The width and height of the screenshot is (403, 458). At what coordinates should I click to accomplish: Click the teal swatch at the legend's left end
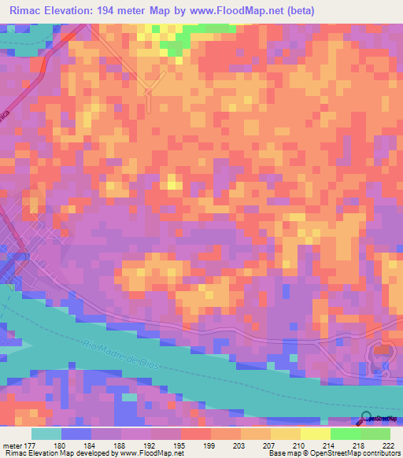click(x=46, y=434)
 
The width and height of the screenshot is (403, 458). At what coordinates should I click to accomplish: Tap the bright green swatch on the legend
click(x=345, y=434)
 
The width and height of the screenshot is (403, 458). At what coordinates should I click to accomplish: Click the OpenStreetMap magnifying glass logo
click(x=365, y=419)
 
